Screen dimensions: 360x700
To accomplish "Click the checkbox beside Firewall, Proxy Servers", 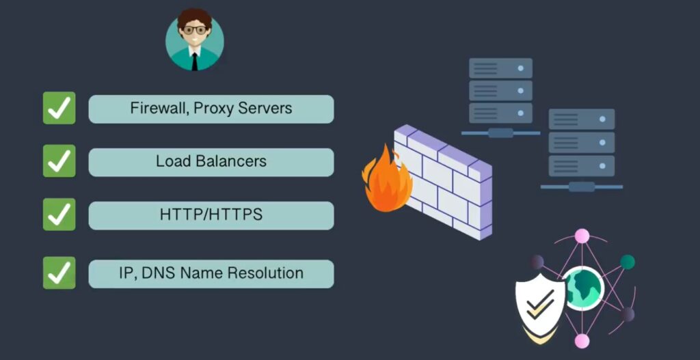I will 59,108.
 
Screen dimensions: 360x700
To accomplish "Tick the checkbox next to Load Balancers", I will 59,161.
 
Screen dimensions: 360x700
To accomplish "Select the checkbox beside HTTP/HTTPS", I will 59,214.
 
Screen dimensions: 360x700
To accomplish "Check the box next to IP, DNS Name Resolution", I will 59,273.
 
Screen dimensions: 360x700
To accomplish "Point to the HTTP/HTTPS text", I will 211,214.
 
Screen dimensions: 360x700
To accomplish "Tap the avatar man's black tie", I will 195,61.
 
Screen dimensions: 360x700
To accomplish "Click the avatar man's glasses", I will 195,30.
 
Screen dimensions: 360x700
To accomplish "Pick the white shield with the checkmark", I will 540,303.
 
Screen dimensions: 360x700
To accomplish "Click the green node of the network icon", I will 627,262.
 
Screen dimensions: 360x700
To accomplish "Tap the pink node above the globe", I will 582,236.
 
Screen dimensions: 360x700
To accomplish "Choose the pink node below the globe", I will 582,341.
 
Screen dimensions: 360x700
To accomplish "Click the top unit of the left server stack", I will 500,68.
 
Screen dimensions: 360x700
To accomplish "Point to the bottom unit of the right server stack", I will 582,165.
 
